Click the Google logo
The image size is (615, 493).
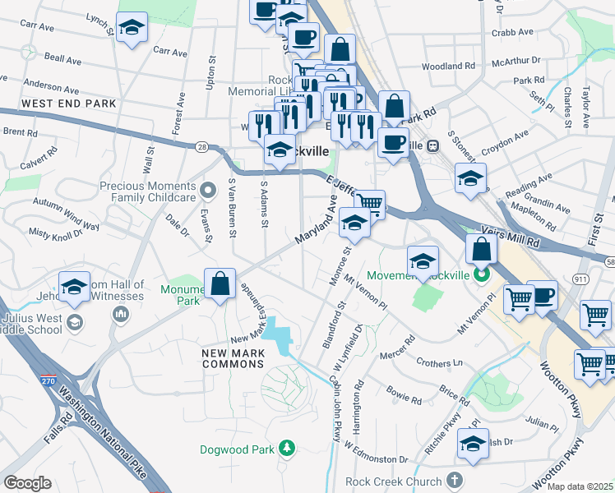(x=27, y=483)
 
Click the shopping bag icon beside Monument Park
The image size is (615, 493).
(x=220, y=284)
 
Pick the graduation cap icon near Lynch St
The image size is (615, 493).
(x=132, y=28)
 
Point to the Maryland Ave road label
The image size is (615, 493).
(x=317, y=223)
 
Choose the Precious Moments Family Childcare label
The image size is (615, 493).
(x=148, y=191)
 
